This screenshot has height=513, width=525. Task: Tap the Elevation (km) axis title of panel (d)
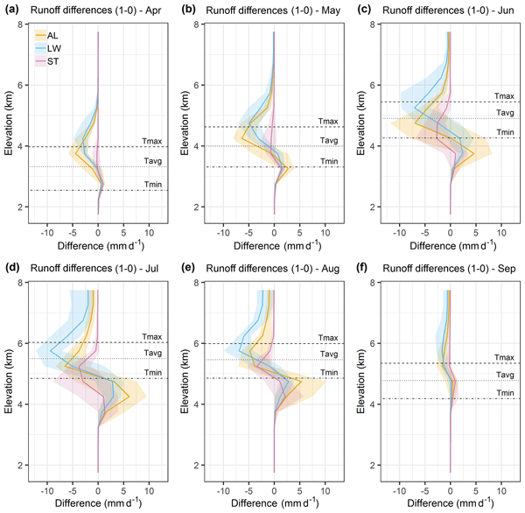tap(10, 376)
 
